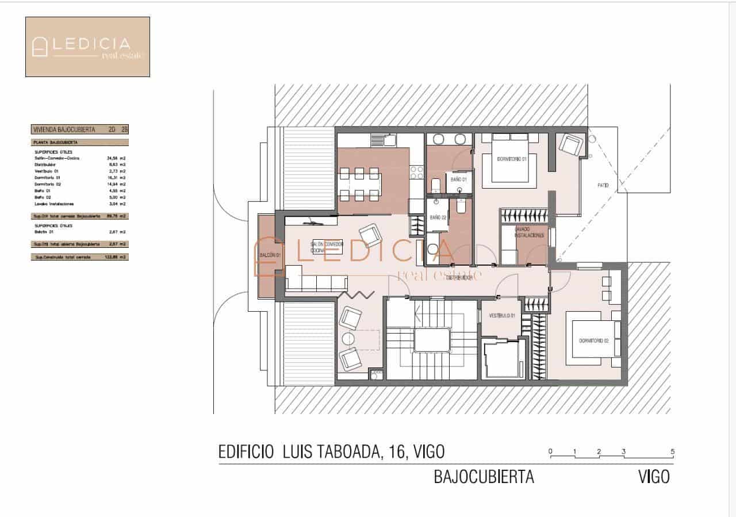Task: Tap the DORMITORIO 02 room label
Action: pyautogui.click(x=593, y=341)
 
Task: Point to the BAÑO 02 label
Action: pyautogui.click(x=438, y=218)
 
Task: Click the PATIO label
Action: pyautogui.click(x=603, y=186)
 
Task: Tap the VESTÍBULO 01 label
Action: pyautogui.click(x=501, y=316)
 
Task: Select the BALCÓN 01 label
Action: pyautogui.click(x=269, y=255)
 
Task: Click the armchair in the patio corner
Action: pyautogui.click(x=572, y=145)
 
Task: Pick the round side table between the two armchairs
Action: pyautogui.click(x=350, y=338)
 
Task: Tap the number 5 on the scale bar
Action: pyautogui.click(x=672, y=451)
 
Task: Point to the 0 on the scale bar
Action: pyautogui.click(x=550, y=451)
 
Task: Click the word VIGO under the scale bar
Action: pyautogui.click(x=654, y=477)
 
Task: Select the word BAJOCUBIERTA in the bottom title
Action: pyautogui.click(x=484, y=477)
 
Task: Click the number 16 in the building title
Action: pyautogui.click(x=394, y=452)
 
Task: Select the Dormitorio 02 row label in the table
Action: pyautogui.click(x=47, y=184)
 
